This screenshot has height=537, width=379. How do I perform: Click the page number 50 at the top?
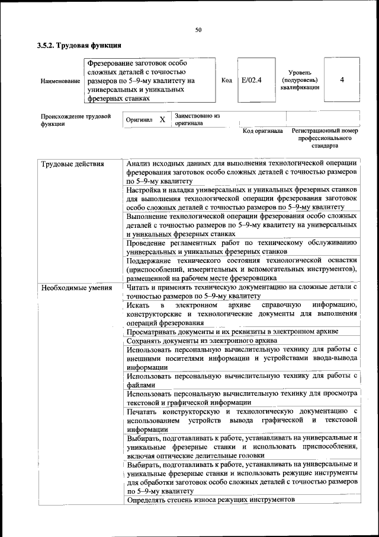click(198, 30)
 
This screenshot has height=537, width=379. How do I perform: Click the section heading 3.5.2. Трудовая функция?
click(79, 45)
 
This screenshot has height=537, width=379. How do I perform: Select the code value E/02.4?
click(252, 80)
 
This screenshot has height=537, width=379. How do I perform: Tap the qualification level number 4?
click(342, 80)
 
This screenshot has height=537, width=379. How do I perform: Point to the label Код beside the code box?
click(226, 80)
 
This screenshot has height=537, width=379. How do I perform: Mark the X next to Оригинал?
click(162, 119)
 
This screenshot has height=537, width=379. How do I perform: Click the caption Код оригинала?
click(263, 131)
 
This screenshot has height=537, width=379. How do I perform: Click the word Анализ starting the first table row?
click(140, 164)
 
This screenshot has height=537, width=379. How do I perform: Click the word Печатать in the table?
click(143, 411)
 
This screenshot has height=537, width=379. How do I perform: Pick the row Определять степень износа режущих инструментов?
click(210, 500)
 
